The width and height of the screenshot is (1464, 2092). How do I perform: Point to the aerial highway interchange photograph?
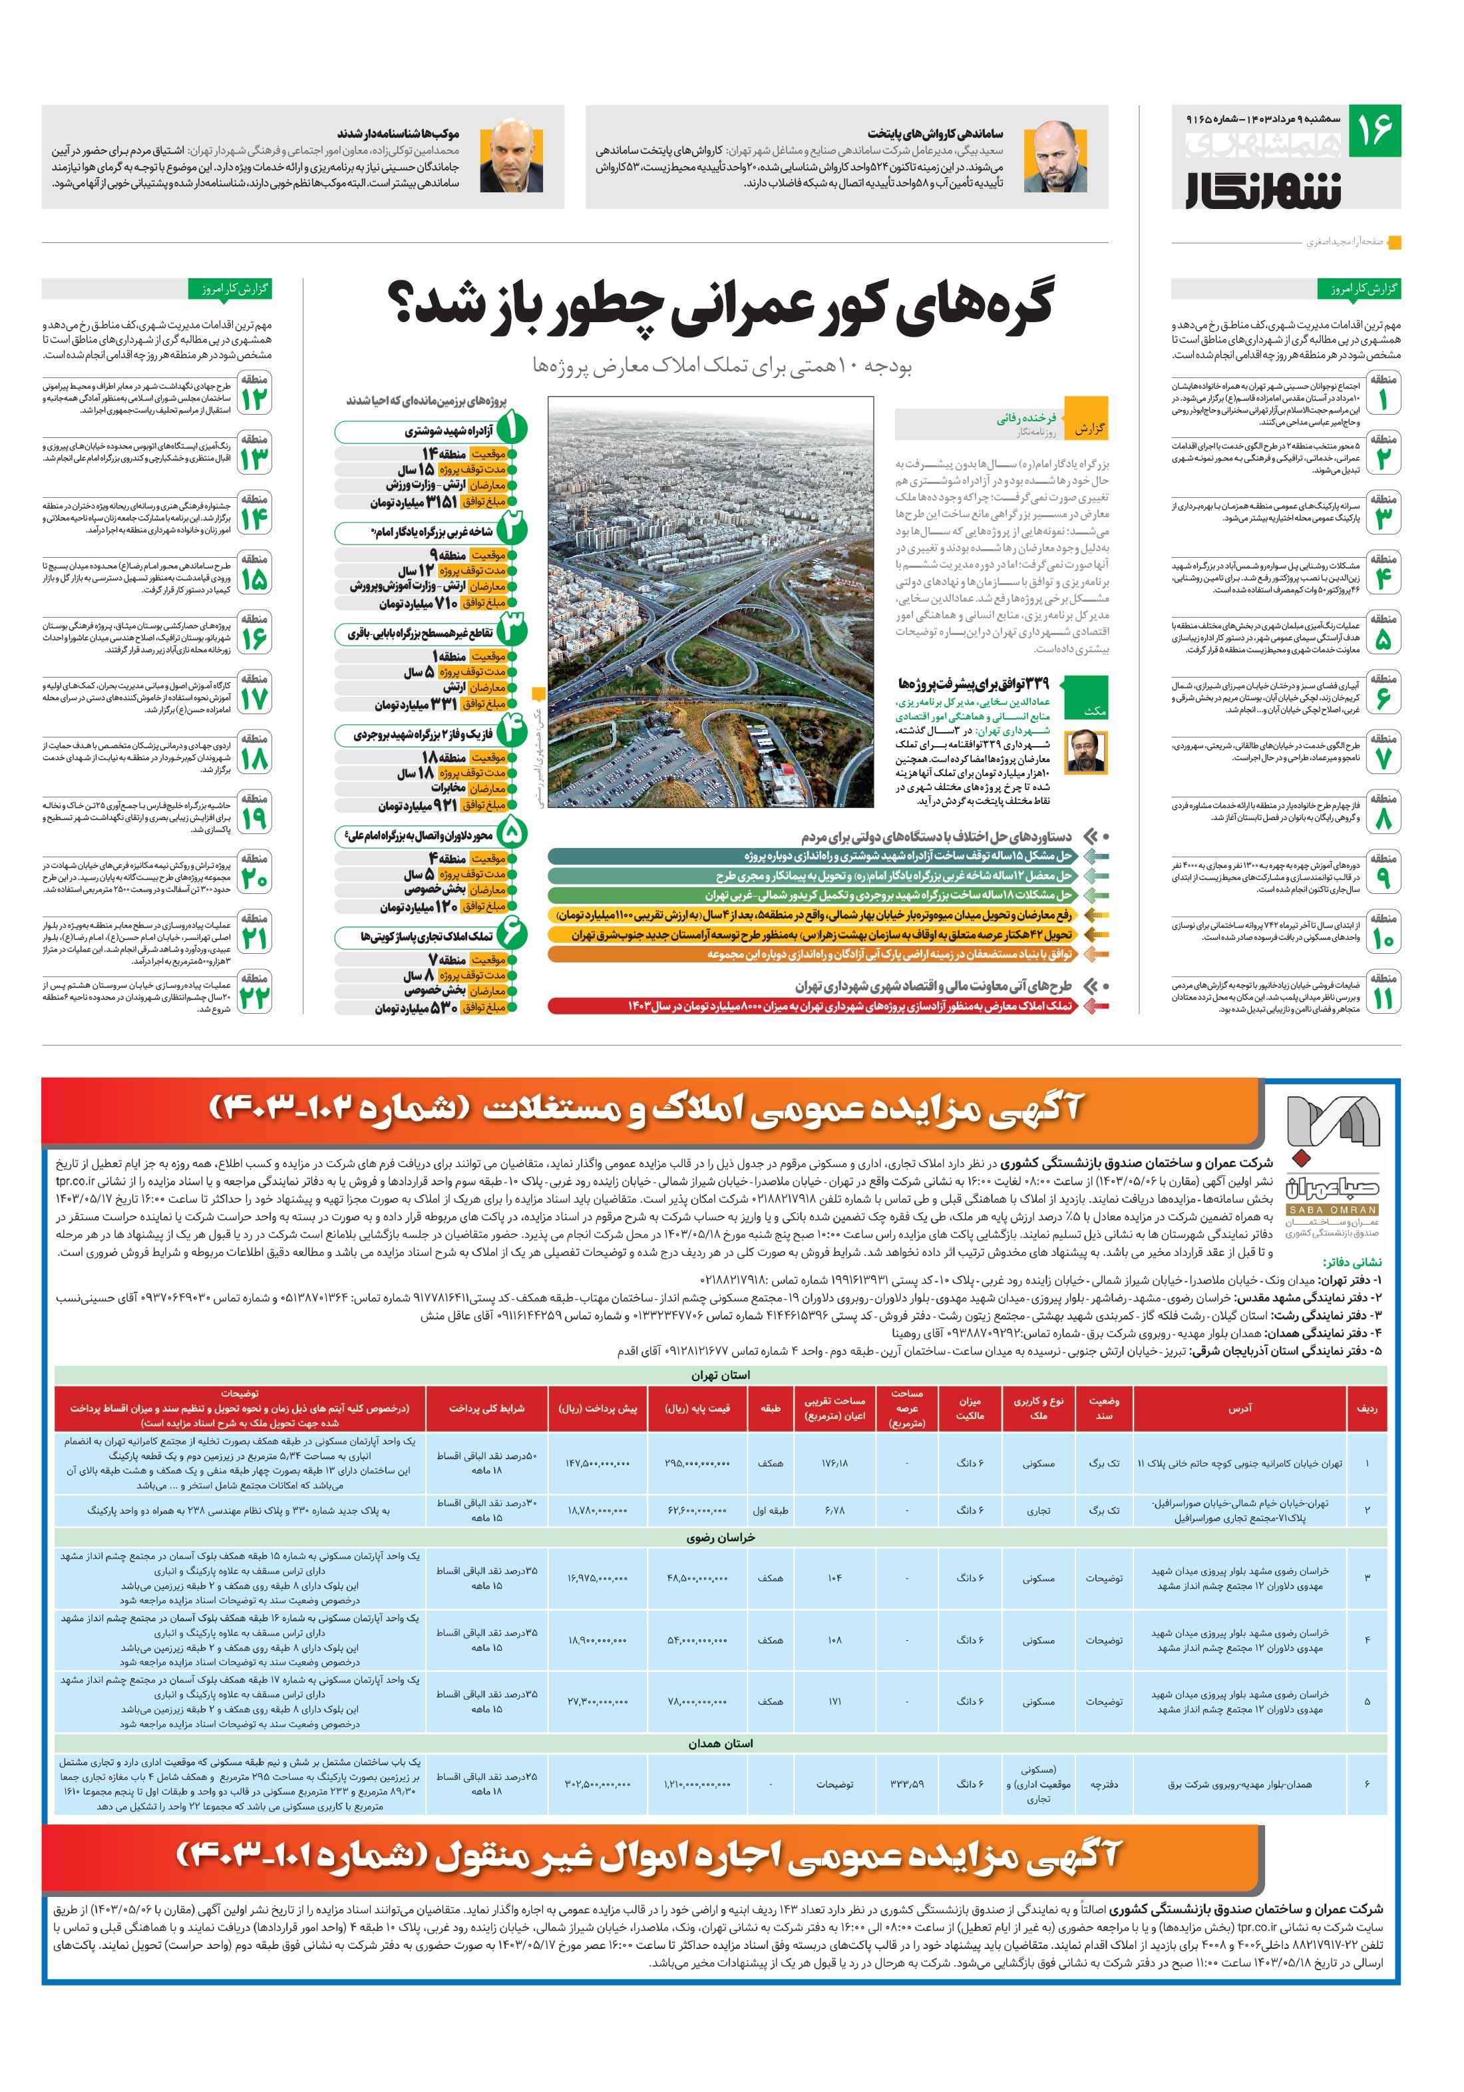point(711,606)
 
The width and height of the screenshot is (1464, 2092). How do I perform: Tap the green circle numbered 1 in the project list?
point(511,427)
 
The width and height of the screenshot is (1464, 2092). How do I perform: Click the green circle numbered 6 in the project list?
point(511,933)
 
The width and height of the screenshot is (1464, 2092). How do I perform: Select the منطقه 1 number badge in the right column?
point(1382,393)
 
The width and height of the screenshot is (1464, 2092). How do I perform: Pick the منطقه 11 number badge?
point(1382,990)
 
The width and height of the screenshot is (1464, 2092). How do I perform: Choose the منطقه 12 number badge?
point(255,393)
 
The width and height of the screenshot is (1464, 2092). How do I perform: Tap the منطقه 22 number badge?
point(255,990)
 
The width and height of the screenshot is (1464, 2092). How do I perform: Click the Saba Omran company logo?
point(1333,1164)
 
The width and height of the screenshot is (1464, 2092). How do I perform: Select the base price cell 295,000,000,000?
point(697,1463)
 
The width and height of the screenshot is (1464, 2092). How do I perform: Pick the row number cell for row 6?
point(1367,1783)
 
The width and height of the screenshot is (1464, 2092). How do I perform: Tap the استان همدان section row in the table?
point(721,1743)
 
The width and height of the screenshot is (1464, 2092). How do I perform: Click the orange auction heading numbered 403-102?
point(647,1109)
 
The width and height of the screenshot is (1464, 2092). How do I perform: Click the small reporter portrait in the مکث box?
point(1089,753)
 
